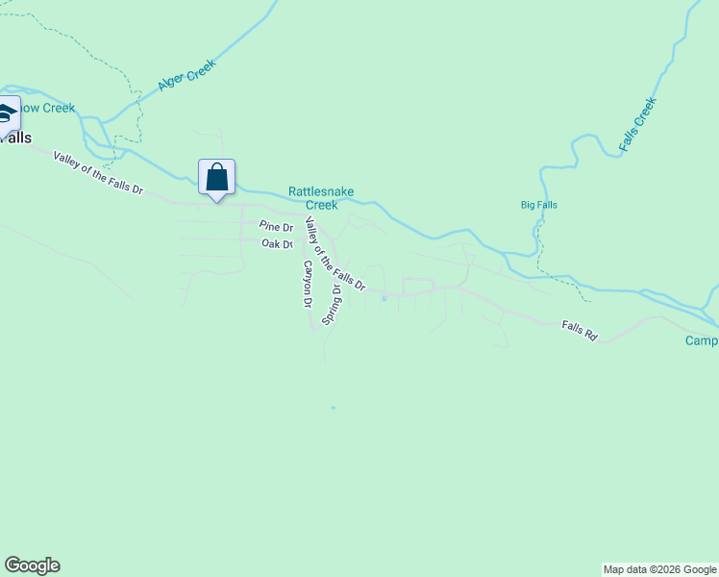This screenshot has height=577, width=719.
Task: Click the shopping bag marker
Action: coord(217,177)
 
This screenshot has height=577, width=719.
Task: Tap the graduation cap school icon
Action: coord(6,113)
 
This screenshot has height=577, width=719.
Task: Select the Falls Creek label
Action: coord(637,124)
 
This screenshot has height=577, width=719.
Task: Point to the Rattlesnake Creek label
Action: coord(321,198)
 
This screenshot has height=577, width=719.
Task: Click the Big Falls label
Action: coord(538,205)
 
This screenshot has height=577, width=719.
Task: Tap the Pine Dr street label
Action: coord(276,226)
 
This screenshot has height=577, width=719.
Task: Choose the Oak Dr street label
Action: coord(277,244)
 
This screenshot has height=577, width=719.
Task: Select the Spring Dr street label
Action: coord(332,303)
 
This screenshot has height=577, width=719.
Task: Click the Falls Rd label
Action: coord(580,331)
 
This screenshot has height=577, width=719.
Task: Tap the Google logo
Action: coord(32,565)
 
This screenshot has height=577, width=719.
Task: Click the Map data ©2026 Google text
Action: coord(659,569)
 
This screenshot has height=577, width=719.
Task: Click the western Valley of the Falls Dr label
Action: coord(98,173)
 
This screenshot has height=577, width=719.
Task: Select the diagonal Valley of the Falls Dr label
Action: coord(335,254)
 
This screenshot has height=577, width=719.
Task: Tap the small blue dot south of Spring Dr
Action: coord(334,408)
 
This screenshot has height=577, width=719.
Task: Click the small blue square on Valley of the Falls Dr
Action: coord(384,298)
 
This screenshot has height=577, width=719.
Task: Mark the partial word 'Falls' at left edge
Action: coord(15,138)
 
